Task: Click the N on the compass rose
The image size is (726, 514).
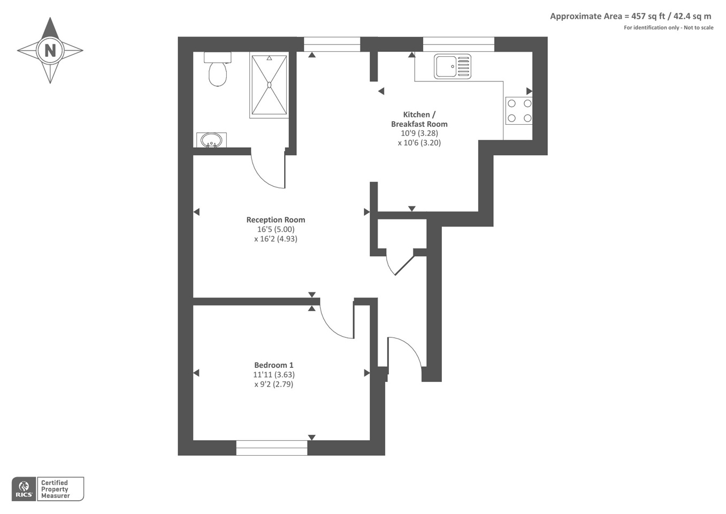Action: pos(50,50)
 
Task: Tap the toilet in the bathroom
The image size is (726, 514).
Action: pos(217,69)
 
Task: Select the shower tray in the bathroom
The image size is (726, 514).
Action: pos(269,85)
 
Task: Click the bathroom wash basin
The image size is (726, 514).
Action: pos(211,140)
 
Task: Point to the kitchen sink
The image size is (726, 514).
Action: pos(453,66)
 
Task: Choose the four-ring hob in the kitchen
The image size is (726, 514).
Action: pos(519,111)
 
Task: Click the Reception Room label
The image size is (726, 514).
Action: pos(276,220)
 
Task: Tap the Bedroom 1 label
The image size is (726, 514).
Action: pos(274,365)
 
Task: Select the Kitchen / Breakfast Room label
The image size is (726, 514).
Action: pos(419,119)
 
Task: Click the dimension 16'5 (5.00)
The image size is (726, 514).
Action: pos(276,229)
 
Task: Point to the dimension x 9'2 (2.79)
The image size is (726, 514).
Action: pos(274,384)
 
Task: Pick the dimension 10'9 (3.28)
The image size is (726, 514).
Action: pos(419,133)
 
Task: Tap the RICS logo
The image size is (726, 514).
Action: pos(24,489)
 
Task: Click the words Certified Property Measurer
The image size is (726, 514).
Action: pos(56,489)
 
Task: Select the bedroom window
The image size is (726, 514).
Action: pos(272,448)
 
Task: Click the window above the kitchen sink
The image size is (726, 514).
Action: pos(458,44)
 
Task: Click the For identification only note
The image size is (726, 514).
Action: pos(669,27)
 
